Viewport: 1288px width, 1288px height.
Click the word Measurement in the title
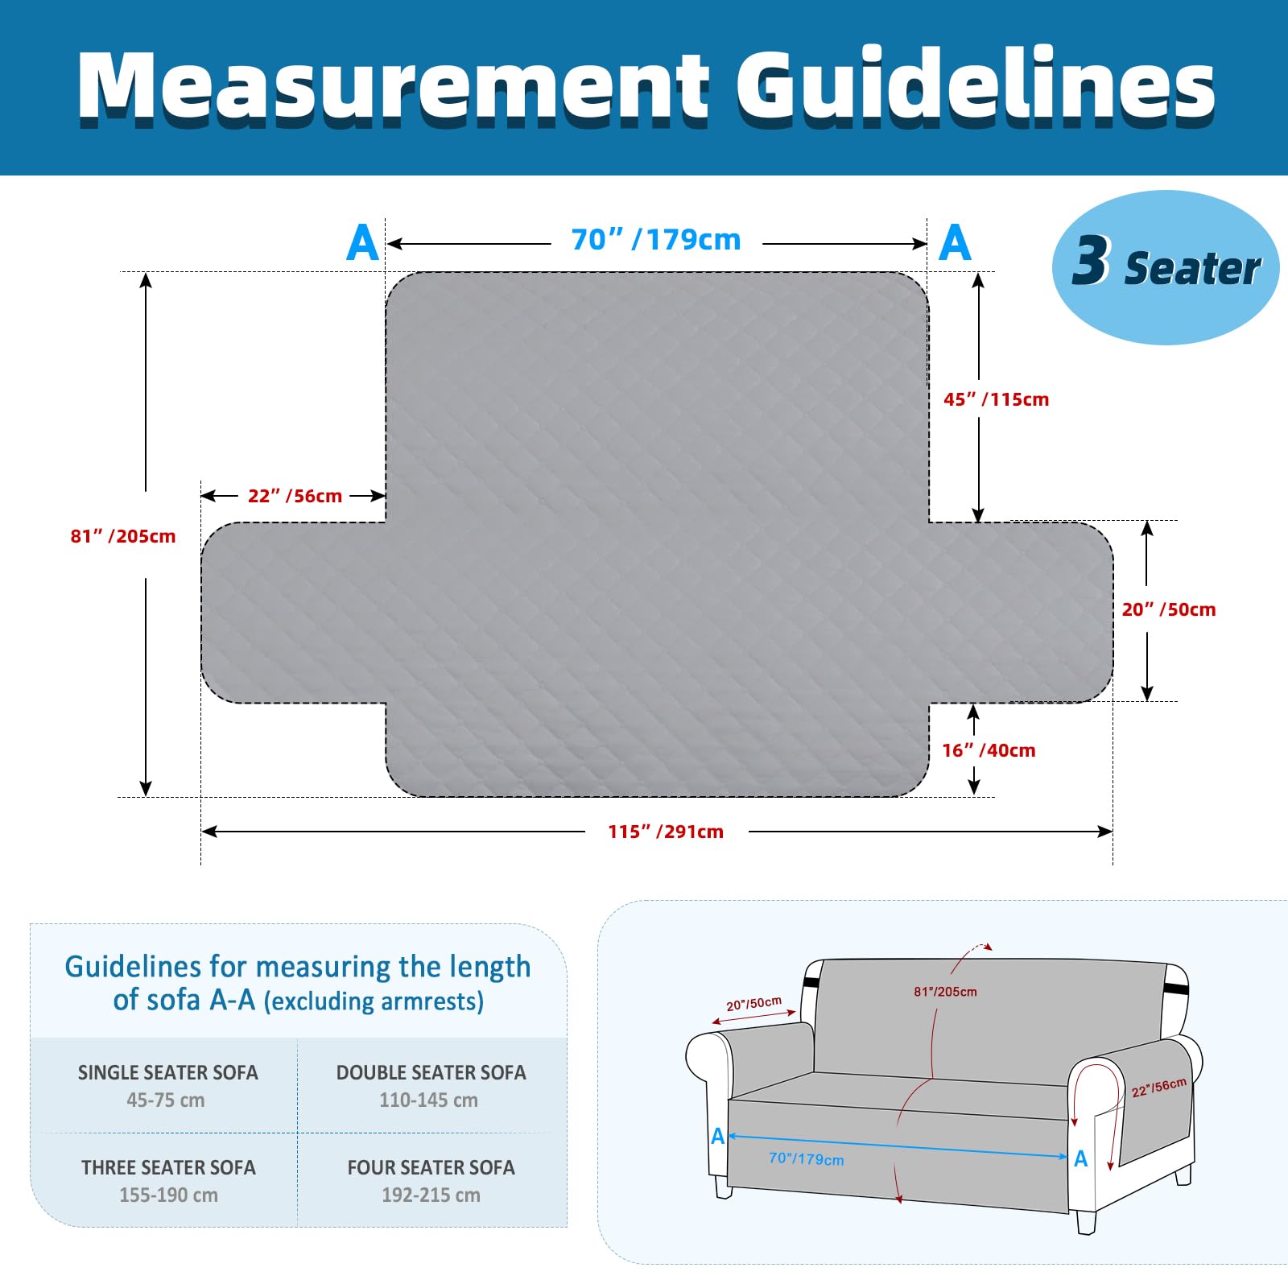394,86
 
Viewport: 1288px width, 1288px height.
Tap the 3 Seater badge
1165,267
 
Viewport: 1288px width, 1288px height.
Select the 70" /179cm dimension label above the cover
655,240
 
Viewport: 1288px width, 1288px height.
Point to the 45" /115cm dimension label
996,399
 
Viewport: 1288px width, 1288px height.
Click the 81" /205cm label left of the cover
122,536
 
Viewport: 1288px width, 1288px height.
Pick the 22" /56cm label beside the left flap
295,496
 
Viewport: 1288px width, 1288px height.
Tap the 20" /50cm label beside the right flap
1169,609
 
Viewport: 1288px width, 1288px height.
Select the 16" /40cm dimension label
989,750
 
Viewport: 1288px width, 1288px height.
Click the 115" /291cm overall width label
666,832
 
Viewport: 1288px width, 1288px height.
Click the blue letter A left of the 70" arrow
362,242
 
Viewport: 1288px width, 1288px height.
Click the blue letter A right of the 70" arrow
955,242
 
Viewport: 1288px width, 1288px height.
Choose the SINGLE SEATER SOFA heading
168,1072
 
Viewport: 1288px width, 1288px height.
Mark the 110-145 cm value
429,1100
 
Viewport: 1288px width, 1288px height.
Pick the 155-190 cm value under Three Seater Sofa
168,1195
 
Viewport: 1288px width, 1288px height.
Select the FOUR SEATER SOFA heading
431,1167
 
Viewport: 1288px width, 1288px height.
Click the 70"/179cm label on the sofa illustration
807,1158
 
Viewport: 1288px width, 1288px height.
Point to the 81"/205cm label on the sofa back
945,992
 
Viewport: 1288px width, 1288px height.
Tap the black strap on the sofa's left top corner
811,983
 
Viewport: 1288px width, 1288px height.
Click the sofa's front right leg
1086,1220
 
